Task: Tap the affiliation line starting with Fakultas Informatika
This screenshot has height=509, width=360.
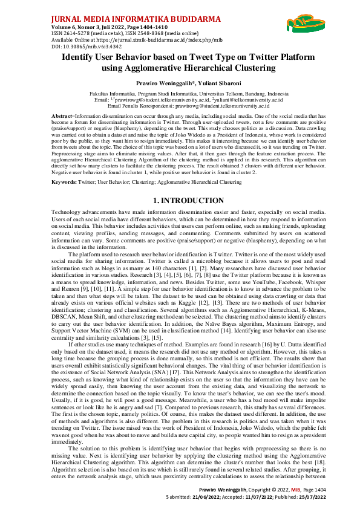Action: (180, 95)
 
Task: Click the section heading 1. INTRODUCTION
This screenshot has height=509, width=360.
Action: (180, 201)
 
